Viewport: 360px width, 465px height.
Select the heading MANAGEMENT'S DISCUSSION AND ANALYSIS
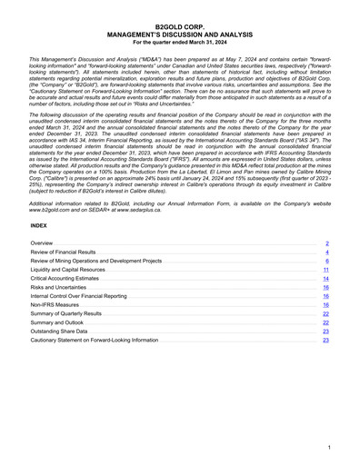[x=180, y=35]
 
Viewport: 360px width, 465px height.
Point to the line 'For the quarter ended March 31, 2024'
[x=180, y=43]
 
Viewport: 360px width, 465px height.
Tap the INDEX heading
[x=39, y=224]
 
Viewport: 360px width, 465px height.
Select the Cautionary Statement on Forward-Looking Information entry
[x=94, y=340]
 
